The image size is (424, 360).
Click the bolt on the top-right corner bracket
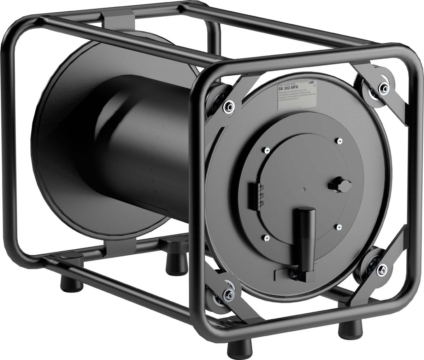[x=382, y=88]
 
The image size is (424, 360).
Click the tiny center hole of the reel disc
[x=304, y=189]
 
